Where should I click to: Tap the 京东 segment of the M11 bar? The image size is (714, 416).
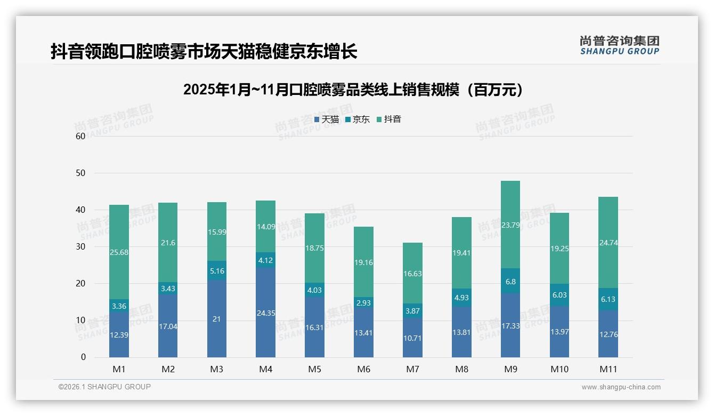[608, 299]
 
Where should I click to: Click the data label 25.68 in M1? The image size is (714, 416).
[119, 252]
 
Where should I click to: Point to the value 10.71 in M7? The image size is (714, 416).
[412, 338]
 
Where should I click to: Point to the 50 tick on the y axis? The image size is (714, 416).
[80, 173]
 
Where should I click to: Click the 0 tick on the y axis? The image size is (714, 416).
[83, 357]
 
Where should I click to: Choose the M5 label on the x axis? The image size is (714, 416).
[314, 369]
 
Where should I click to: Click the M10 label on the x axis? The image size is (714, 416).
[559, 369]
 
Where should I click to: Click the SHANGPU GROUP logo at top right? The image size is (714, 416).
[619, 45]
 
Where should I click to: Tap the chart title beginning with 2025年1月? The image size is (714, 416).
[353, 90]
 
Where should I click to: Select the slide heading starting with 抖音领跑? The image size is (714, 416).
[204, 52]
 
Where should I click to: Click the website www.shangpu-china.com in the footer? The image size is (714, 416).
[621, 387]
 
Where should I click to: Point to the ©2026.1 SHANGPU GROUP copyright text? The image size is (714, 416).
[104, 387]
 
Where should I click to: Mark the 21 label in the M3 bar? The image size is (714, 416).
[216, 319]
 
